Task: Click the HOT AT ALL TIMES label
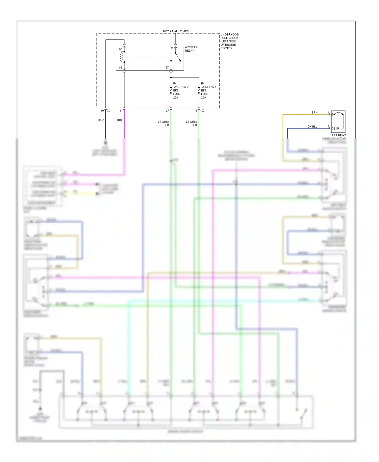[x=176, y=31]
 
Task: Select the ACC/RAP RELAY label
[x=191, y=49]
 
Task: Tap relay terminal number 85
[x=121, y=49]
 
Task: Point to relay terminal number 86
[x=121, y=68]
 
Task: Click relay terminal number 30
[x=172, y=48]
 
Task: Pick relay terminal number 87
[x=167, y=68]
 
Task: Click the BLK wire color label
[x=101, y=120]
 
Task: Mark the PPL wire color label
[x=120, y=120]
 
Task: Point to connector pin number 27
[x=167, y=111]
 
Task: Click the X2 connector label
[x=203, y=111]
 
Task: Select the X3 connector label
[x=109, y=111]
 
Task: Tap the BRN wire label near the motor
[x=314, y=112]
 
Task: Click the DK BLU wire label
[x=312, y=126]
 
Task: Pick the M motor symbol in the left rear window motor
[x=338, y=128]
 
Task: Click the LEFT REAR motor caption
[x=338, y=135]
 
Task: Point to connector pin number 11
[x=121, y=111]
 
